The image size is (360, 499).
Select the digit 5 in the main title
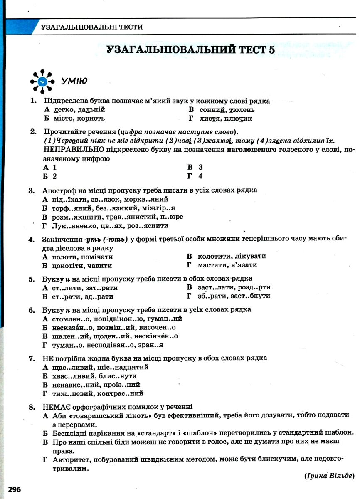[x=271, y=49]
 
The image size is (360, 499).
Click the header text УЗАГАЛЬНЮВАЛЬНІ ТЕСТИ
[x=92, y=27]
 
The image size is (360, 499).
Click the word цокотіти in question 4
[x=68, y=265]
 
